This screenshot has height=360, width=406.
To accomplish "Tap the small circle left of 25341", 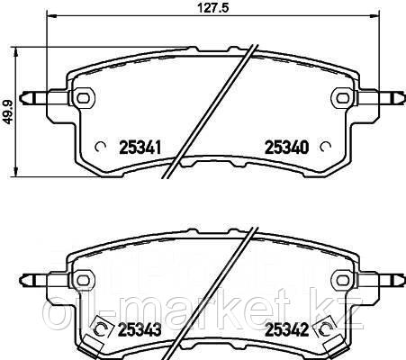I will (x=101, y=144).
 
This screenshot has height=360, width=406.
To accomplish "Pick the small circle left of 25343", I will (x=102, y=328).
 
